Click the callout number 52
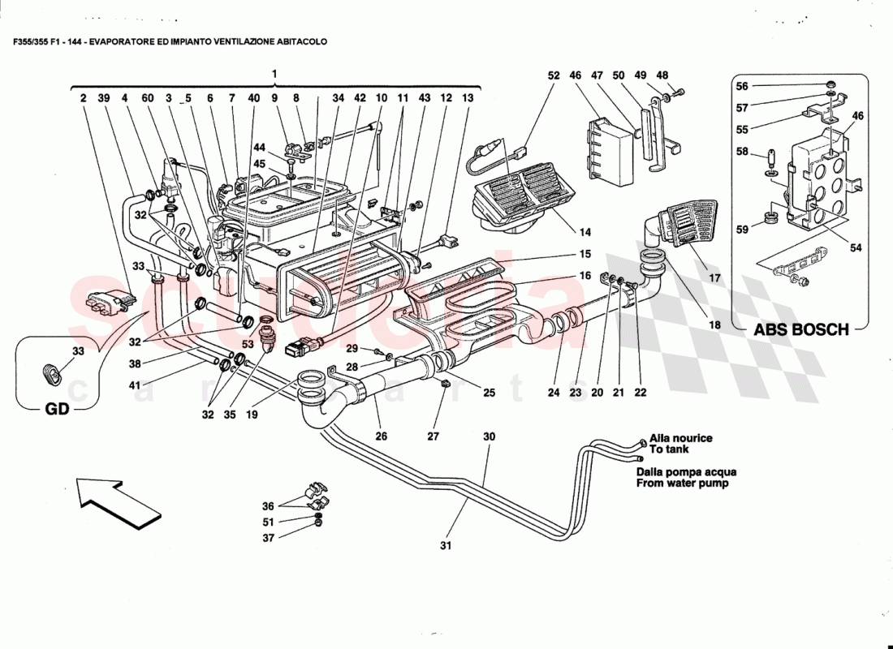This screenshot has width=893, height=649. (554, 75)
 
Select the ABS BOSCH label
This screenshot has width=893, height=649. (801, 330)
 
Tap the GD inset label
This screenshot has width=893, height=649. (55, 410)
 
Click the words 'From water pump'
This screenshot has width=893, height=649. (682, 484)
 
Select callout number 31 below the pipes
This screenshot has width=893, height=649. (445, 546)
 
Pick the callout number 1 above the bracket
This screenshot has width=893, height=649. (274, 75)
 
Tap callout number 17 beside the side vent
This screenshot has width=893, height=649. (714, 278)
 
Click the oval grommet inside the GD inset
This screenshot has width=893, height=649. (54, 375)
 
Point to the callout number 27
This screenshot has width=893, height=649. (434, 436)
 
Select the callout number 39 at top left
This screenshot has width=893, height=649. (104, 98)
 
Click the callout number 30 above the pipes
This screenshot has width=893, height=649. (489, 436)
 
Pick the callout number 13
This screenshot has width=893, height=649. (467, 98)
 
